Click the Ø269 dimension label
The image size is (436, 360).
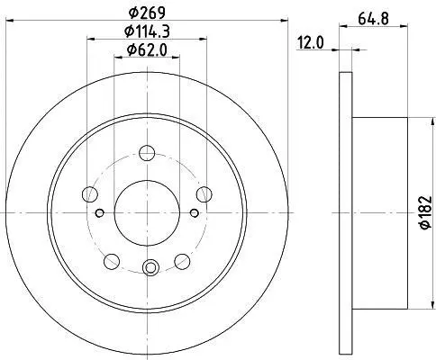[x=147, y=13]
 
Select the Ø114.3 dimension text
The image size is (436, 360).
[x=147, y=31]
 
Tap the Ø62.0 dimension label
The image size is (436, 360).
[x=147, y=50]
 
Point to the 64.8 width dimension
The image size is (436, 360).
[x=374, y=19]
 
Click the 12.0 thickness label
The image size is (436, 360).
[x=311, y=43]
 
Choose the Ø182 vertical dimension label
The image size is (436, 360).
[x=426, y=212]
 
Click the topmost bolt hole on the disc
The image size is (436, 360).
[x=147, y=153]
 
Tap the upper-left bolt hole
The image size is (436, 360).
[x=90, y=194]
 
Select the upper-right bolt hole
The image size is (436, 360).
[x=204, y=194]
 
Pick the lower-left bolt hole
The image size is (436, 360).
[x=112, y=261]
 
